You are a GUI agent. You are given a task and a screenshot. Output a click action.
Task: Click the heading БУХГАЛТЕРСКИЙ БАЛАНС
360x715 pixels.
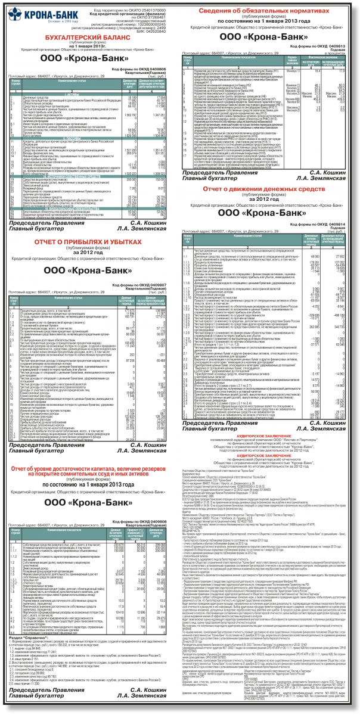(x=89, y=38)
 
